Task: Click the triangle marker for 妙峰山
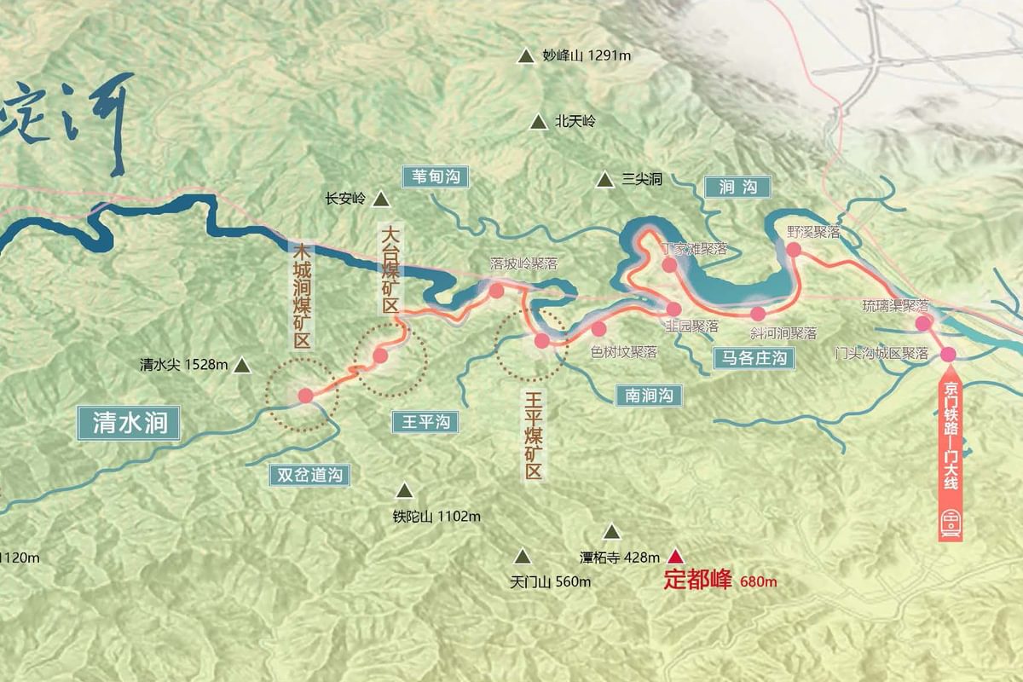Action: (525, 57)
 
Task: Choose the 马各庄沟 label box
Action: (754, 358)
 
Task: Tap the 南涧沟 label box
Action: (650, 395)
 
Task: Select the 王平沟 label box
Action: (425, 421)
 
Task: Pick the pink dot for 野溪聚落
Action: (794, 250)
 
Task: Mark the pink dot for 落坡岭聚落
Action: (496, 291)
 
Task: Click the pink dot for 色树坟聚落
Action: (598, 329)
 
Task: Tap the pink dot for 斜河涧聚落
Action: (758, 314)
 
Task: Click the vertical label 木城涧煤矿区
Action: (301, 296)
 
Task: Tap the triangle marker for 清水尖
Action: (242, 366)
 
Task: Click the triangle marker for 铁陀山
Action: (404, 491)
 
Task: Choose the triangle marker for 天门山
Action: (522, 558)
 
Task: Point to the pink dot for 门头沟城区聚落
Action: (948, 354)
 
